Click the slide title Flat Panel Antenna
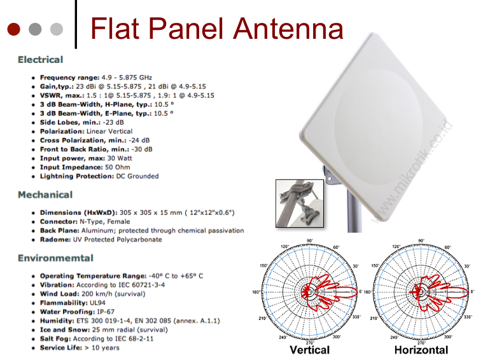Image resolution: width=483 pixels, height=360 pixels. click(216, 29)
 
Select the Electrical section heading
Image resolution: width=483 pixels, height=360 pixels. click(40, 60)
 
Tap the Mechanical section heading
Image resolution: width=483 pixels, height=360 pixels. click(45, 195)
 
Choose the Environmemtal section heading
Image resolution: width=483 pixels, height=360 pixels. click(55, 258)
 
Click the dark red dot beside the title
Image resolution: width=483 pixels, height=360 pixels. click(14, 29)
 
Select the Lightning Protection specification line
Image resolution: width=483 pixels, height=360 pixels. click(99, 176)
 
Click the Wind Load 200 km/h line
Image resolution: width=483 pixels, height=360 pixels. click(94, 294)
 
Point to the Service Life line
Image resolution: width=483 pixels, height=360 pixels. click(79, 348)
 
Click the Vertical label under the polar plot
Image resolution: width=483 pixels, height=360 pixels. click(309, 350)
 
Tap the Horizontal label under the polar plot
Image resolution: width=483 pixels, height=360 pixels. click(421, 350)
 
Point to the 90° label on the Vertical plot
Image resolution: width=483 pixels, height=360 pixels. click(310, 241)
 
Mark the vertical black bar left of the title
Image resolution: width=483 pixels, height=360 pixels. click(76, 24)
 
